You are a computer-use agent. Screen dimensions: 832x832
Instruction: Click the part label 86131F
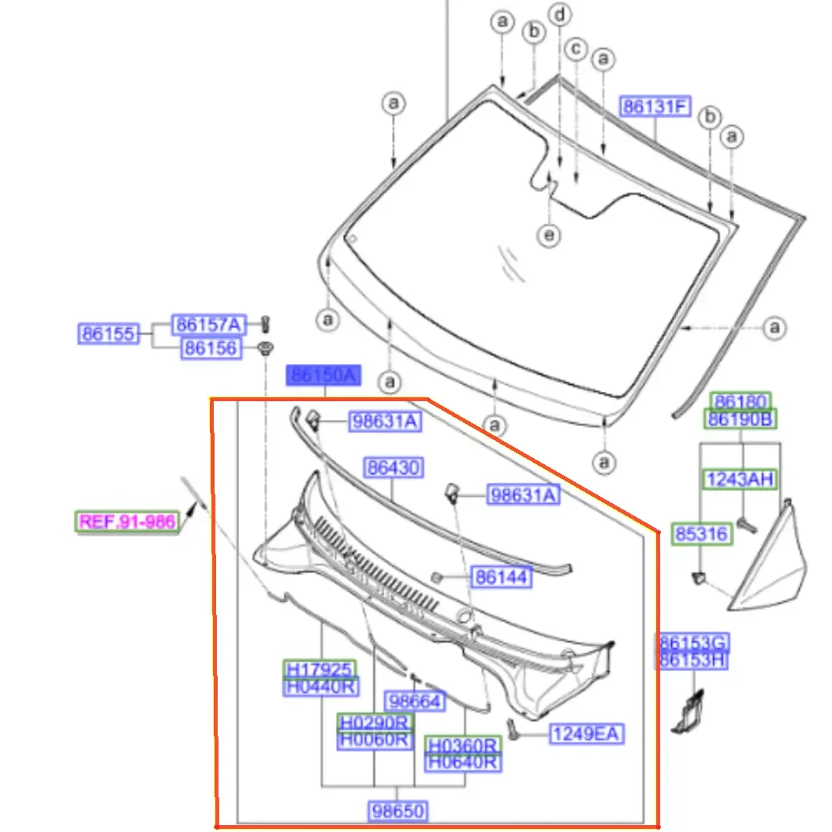coord(655,107)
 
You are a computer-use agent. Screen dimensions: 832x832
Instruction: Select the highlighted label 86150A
coord(323,375)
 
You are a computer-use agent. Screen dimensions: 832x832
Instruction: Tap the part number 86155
coord(109,334)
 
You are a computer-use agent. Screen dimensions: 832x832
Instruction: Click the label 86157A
coord(208,324)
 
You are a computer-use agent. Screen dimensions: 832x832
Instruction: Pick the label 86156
coord(211,348)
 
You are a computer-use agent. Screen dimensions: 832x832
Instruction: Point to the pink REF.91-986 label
coord(127,522)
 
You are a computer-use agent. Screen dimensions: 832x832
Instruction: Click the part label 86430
coord(393,467)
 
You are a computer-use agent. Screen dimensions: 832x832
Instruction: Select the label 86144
coord(502,577)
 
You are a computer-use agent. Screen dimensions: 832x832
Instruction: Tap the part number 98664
coord(415,701)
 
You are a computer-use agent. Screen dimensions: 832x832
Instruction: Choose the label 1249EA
coord(586,734)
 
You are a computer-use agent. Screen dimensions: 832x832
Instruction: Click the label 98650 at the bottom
coord(398,811)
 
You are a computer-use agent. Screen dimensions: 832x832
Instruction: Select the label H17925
coord(320,669)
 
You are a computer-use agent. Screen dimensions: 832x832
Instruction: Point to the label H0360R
coord(463,745)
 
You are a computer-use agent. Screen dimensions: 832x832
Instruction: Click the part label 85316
coord(701,533)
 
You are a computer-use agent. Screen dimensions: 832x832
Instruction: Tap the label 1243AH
coord(739,480)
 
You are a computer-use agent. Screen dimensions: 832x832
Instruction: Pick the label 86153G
coord(693,642)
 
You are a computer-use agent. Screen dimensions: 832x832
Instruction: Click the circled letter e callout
coord(549,235)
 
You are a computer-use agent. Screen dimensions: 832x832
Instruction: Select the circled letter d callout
coord(561,14)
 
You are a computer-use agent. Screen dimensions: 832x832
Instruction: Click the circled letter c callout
coord(576,49)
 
